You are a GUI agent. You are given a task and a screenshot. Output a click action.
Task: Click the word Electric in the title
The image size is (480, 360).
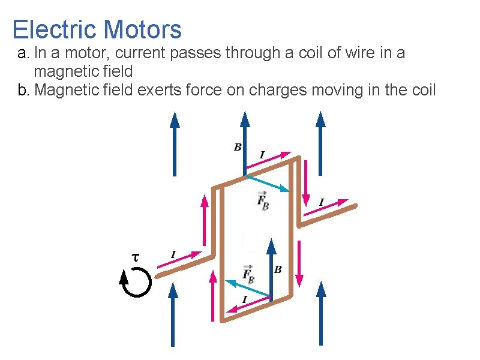click(55, 29)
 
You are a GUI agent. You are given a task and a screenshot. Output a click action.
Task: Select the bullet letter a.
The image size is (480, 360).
click(22, 54)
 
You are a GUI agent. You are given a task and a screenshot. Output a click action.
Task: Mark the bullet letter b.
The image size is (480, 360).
click(22, 91)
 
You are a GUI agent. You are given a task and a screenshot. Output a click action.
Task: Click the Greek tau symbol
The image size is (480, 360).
click(135, 257)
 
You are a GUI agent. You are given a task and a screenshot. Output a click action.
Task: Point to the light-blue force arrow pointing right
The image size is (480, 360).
click(267, 183)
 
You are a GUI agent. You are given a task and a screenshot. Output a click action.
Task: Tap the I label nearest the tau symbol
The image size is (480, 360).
click(173, 255)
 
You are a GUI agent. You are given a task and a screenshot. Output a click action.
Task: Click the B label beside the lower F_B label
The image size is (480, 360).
click(278, 270)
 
